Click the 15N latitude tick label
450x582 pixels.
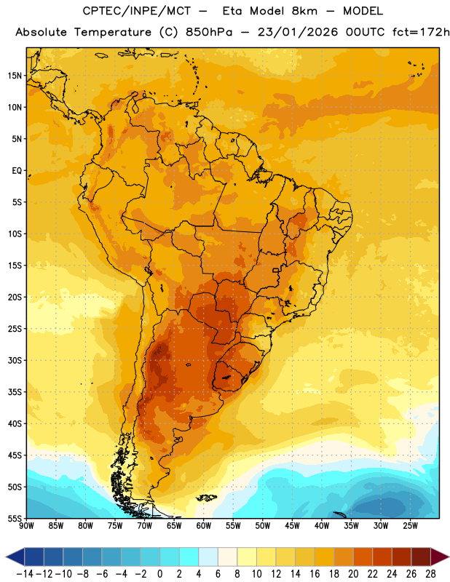tap(15, 76)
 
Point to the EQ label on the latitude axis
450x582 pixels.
tap(17, 171)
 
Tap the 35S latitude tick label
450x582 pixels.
tap(15, 392)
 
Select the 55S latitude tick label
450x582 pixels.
tap(15, 519)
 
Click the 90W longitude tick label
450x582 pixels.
tap(27, 525)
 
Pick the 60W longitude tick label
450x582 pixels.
tap(204, 525)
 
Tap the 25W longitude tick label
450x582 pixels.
tap(410, 525)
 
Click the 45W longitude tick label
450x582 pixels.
tap(292, 525)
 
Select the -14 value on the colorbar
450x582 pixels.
tap(25, 574)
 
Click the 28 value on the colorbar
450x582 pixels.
tap(430, 574)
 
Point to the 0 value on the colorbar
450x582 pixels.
tap(159, 574)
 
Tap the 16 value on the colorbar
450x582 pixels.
tap(315, 574)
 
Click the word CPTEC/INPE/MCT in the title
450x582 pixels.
tap(136, 11)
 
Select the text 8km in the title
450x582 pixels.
tap(304, 11)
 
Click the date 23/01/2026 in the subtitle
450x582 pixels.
tap(298, 32)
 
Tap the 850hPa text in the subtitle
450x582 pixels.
tap(209, 32)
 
